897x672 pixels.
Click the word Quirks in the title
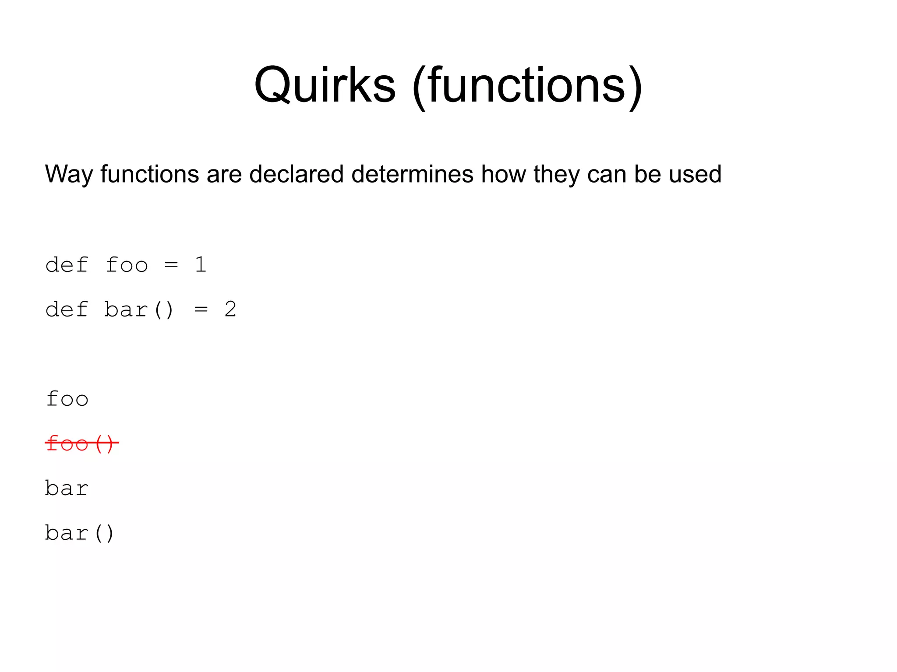(x=325, y=85)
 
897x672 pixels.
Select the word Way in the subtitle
(x=69, y=175)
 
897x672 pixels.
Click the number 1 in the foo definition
(x=201, y=265)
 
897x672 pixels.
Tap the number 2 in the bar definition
(x=230, y=310)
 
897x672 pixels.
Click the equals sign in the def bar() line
(x=201, y=310)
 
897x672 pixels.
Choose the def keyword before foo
(x=67, y=265)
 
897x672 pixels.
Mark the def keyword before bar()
(x=67, y=310)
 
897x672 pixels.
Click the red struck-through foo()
(x=81, y=443)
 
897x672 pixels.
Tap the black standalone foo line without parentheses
(x=67, y=399)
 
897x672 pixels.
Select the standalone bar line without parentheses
(x=67, y=488)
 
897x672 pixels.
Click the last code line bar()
(x=80, y=533)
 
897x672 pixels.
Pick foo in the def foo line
(x=127, y=265)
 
